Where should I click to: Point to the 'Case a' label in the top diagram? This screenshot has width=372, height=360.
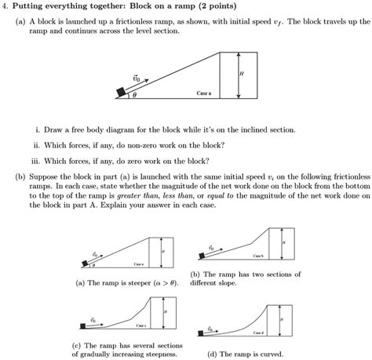[x=204, y=93]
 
